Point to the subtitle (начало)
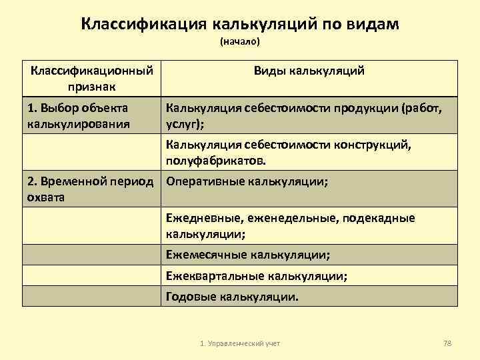(x=239, y=42)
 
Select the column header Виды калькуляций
(x=309, y=71)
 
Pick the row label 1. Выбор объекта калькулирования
(x=78, y=115)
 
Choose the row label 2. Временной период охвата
(x=90, y=189)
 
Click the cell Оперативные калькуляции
(x=247, y=181)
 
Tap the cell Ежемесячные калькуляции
(x=247, y=255)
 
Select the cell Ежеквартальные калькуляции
(x=256, y=275)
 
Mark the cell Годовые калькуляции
(x=233, y=296)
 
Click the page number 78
(x=447, y=343)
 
